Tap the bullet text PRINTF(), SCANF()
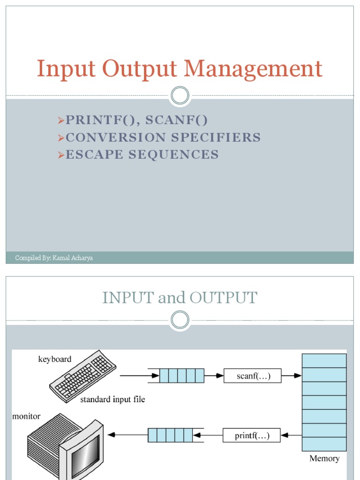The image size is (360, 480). tap(136, 120)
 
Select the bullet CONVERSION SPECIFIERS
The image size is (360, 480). tap(163, 137)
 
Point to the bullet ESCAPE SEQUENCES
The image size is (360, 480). tap(142, 154)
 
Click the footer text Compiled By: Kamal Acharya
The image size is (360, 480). tap(54, 258)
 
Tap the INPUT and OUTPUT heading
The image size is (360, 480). tap(180, 298)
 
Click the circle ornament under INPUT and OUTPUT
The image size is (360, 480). tap(180, 320)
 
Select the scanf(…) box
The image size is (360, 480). tap(253, 375)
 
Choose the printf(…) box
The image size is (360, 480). tap(252, 435)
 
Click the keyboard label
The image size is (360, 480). tap(55, 359)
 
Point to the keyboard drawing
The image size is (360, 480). tap(82, 375)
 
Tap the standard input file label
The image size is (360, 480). tap(112, 399)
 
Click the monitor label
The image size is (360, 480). tap(26, 416)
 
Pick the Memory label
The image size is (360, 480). tap(324, 458)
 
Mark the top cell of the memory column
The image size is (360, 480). tap(324, 360)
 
